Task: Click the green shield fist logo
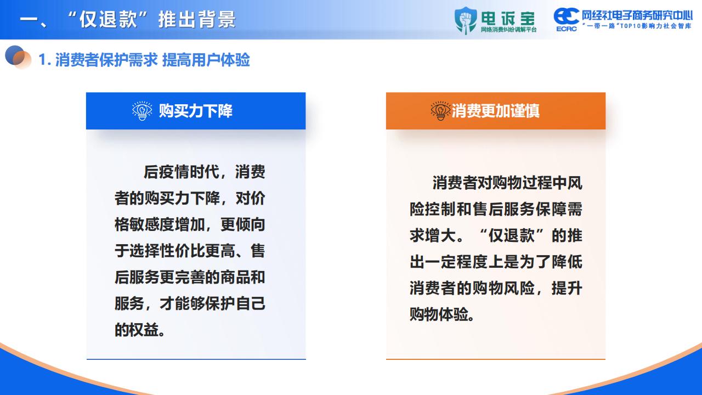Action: [466, 20]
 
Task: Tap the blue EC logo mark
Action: [566, 16]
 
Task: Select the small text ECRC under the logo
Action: [567, 29]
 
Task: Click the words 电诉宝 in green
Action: [508, 19]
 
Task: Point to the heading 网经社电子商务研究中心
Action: [637, 15]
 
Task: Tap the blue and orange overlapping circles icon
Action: [18, 57]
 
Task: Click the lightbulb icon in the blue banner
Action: [142, 111]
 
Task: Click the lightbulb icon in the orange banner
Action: [440, 111]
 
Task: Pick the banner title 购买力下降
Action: [196, 111]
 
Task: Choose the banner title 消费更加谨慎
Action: [495, 111]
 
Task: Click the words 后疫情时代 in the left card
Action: [181, 172]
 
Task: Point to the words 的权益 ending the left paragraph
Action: [137, 330]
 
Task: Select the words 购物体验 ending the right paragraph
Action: [439, 314]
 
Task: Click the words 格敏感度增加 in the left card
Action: [160, 224]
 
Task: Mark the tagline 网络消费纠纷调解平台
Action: [508, 30]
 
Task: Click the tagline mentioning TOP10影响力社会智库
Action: [637, 26]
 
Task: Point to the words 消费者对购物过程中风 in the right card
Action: [507, 183]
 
